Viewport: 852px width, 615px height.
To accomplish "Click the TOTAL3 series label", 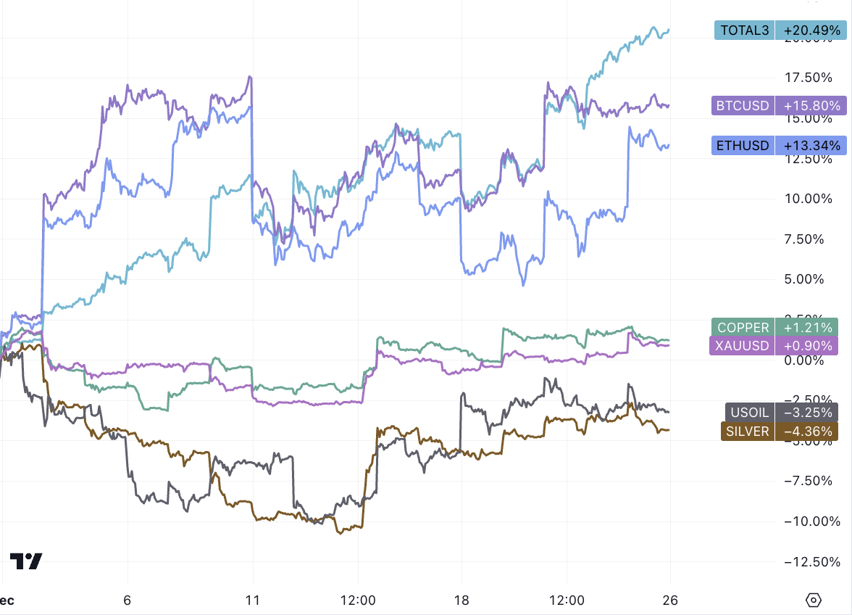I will click(744, 30).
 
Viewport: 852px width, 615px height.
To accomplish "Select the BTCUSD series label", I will click(743, 106).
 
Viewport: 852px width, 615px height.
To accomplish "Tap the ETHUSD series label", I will click(743, 146).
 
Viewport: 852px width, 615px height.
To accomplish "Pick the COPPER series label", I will click(743, 328).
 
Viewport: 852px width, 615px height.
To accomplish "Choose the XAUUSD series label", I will click(742, 346).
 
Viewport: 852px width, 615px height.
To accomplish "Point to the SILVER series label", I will click(747, 431).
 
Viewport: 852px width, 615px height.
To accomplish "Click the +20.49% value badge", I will click(808, 30).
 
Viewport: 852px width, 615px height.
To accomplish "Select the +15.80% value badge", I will click(808, 106).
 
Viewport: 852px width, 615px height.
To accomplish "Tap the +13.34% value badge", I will click(808, 146).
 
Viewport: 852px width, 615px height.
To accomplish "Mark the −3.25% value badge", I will click(806, 413).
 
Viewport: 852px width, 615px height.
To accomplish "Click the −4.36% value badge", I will click(806, 431).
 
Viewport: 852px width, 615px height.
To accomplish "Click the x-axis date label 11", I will click(253, 600).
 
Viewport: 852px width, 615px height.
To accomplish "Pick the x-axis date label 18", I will click(461, 600).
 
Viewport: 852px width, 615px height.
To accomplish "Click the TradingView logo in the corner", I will click(26, 561).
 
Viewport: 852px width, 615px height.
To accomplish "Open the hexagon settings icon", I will click(814, 600).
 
